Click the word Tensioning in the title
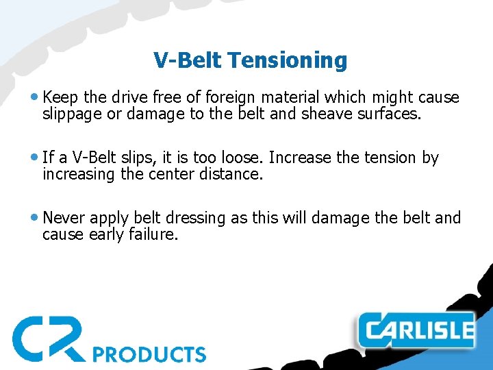288,61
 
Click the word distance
232,174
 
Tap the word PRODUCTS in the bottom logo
150,354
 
